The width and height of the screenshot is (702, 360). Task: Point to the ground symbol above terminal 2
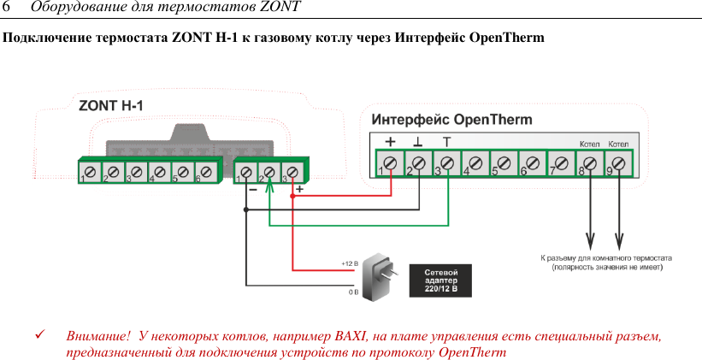(x=417, y=141)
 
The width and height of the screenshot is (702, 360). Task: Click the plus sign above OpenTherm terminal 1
(x=390, y=141)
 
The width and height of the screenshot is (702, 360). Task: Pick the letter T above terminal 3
(x=446, y=141)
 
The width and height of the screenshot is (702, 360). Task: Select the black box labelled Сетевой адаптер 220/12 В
(x=442, y=280)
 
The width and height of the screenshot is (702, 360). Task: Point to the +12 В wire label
(x=349, y=263)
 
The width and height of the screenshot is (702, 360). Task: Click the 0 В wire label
(x=353, y=292)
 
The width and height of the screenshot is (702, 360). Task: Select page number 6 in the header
(x=7, y=8)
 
